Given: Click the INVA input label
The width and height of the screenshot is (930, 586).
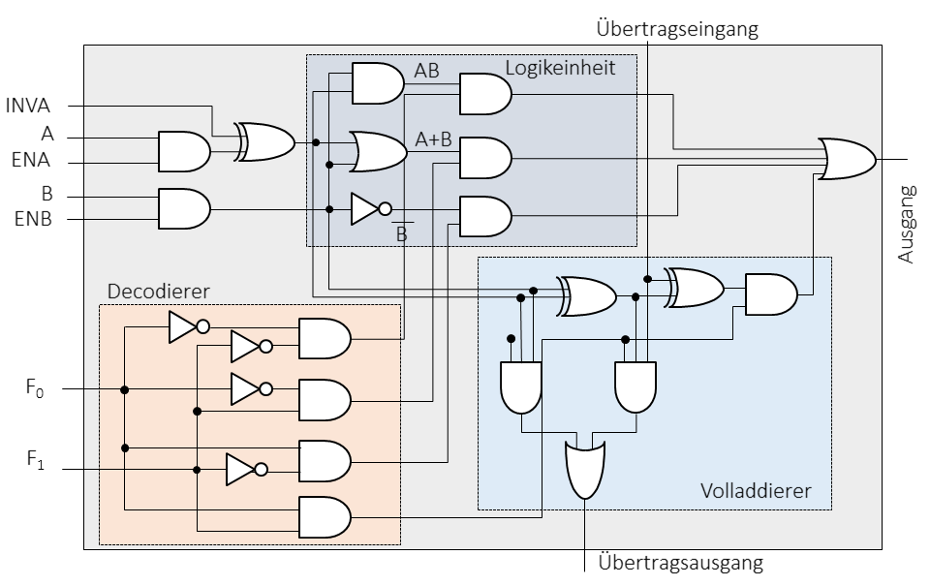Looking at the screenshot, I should pyautogui.click(x=33, y=105).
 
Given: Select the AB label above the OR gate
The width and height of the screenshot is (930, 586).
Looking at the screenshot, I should pyautogui.click(x=426, y=71).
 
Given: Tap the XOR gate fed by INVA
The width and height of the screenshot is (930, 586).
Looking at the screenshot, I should pyautogui.click(x=266, y=142).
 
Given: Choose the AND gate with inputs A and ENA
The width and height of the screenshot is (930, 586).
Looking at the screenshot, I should pyautogui.click(x=183, y=150).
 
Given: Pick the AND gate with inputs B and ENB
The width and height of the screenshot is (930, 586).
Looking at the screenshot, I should pyautogui.click(x=183, y=207).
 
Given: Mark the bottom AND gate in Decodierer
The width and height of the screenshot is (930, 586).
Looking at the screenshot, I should pyautogui.click(x=325, y=515).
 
